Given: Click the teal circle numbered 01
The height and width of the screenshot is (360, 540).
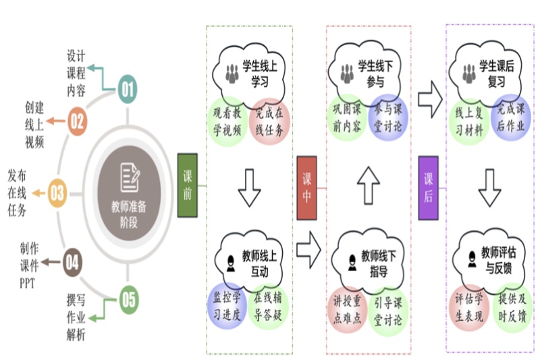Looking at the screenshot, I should click(128, 88).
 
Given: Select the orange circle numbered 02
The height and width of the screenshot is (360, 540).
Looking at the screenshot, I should click(78, 122).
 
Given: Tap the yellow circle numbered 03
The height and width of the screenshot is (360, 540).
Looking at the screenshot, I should click(57, 193).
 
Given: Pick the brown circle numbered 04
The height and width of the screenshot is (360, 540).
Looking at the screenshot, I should click(72, 261).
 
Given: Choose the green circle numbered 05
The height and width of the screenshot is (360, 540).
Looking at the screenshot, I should click(128, 299).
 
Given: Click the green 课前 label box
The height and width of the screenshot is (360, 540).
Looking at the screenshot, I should click(187, 185).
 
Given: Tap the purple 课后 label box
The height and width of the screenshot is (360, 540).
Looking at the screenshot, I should click(428, 187).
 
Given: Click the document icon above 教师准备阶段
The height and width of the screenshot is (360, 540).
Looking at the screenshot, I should click(130, 178).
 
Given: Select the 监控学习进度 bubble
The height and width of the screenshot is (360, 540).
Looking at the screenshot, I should click(227, 305).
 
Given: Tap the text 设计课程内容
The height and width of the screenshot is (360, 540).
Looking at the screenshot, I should click(76, 73).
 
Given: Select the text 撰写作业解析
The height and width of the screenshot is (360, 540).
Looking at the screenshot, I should click(76, 315).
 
